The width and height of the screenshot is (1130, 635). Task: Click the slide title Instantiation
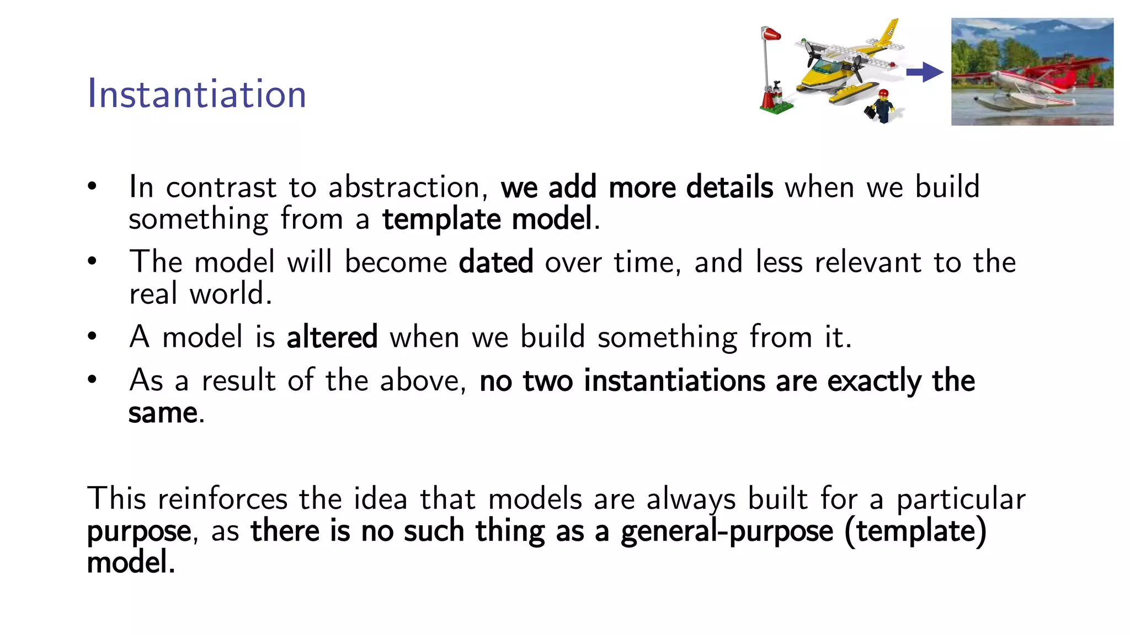196,94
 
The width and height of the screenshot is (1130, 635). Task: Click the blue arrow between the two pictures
925,72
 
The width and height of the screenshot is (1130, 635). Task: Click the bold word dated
495,262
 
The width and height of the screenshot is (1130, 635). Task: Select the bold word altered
332,337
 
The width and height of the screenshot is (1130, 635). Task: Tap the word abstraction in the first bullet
404,187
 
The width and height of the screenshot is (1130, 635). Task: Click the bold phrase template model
487,219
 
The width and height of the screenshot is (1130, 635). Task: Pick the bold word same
163,413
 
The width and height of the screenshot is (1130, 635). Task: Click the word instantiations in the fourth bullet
674,381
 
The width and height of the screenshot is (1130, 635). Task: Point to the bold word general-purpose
727,531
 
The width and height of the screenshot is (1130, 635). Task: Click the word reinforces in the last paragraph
222,499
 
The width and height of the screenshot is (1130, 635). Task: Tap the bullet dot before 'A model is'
92,336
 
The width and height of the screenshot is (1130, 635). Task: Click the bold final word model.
130,563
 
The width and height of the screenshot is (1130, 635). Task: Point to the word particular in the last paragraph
960,499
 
